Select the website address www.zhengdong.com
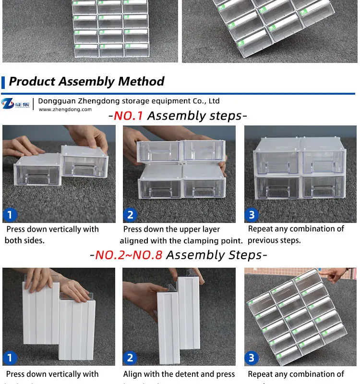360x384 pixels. (x=65, y=110)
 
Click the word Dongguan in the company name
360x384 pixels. (x=55, y=101)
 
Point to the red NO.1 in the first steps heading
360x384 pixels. (x=128, y=116)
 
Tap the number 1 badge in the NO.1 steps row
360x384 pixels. (x=10, y=214)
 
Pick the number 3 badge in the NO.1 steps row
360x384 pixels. (x=252, y=214)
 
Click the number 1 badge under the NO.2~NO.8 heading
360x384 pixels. (x=10, y=358)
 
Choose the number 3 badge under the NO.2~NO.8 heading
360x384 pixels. (x=252, y=358)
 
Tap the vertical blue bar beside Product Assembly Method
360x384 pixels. (x=3, y=81)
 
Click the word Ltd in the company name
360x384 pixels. (x=214, y=101)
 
